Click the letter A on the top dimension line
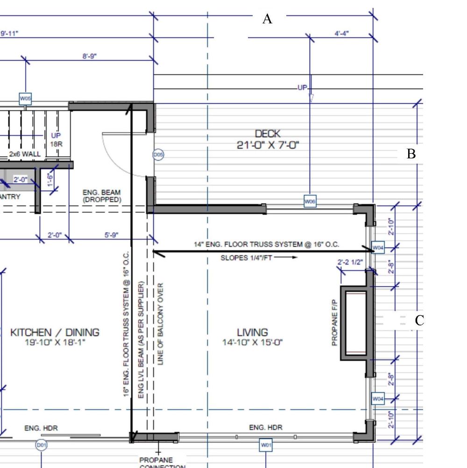(x=267, y=19)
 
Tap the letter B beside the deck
(x=411, y=154)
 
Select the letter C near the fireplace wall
(x=419, y=320)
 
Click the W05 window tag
(x=25, y=99)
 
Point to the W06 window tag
(x=310, y=202)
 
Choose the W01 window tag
(x=266, y=445)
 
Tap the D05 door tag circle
(x=158, y=155)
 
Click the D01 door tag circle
(x=42, y=445)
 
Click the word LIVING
(x=252, y=333)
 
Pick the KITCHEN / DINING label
(x=55, y=333)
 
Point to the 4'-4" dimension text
(x=342, y=34)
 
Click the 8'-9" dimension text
(x=90, y=56)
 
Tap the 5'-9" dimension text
(x=111, y=235)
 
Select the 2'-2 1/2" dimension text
(x=350, y=262)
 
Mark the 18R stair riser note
(x=56, y=144)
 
